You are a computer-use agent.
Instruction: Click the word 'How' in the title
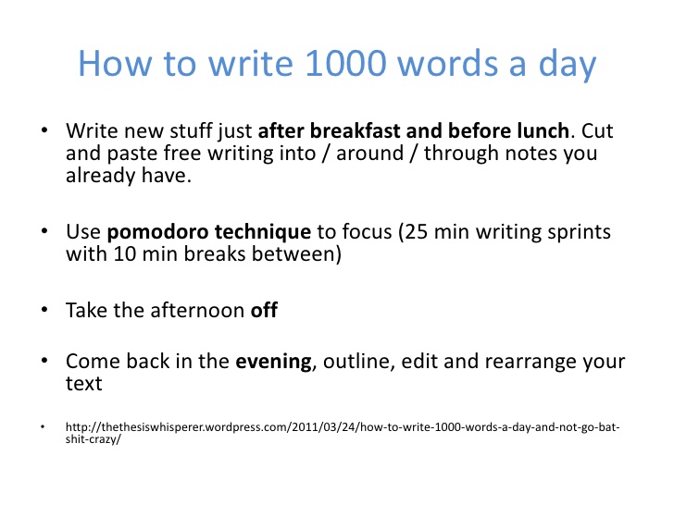(x=115, y=64)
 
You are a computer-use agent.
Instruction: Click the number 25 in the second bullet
(x=416, y=232)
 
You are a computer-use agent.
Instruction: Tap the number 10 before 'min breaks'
(x=125, y=253)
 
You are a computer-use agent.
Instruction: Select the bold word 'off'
(x=264, y=310)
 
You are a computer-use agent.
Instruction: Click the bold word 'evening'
(x=273, y=362)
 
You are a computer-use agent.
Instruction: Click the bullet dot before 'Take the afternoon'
(x=44, y=310)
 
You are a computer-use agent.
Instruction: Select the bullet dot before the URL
(x=43, y=427)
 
